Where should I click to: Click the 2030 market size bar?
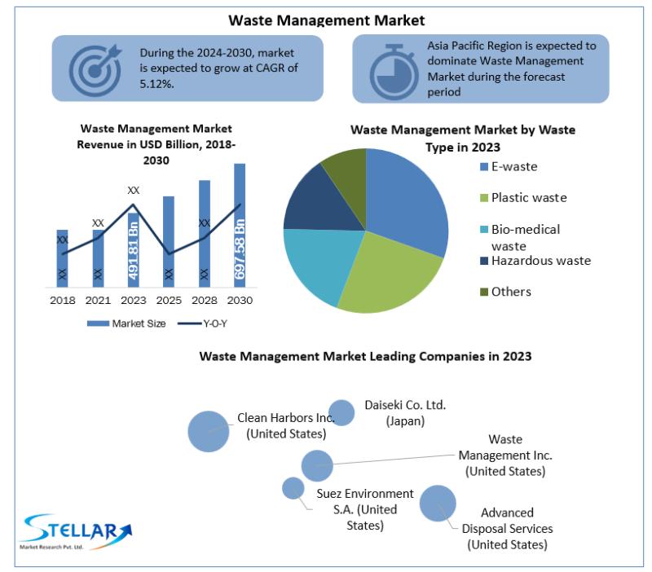click(240, 226)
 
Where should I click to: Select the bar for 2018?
click(63, 258)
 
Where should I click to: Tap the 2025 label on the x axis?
click(169, 300)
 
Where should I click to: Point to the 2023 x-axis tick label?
click(134, 300)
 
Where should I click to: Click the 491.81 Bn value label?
click(133, 250)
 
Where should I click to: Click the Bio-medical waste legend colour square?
click(483, 230)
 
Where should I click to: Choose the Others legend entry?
click(505, 292)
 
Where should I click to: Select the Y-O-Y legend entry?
click(202, 323)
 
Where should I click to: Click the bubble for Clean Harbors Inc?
click(209, 431)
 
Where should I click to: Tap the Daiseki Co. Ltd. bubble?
click(341, 413)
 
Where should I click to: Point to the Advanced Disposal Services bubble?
click(438, 503)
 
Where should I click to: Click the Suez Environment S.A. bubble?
click(293, 488)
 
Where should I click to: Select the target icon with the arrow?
click(95, 70)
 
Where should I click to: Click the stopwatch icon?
click(394, 72)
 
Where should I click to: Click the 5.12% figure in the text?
click(156, 84)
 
